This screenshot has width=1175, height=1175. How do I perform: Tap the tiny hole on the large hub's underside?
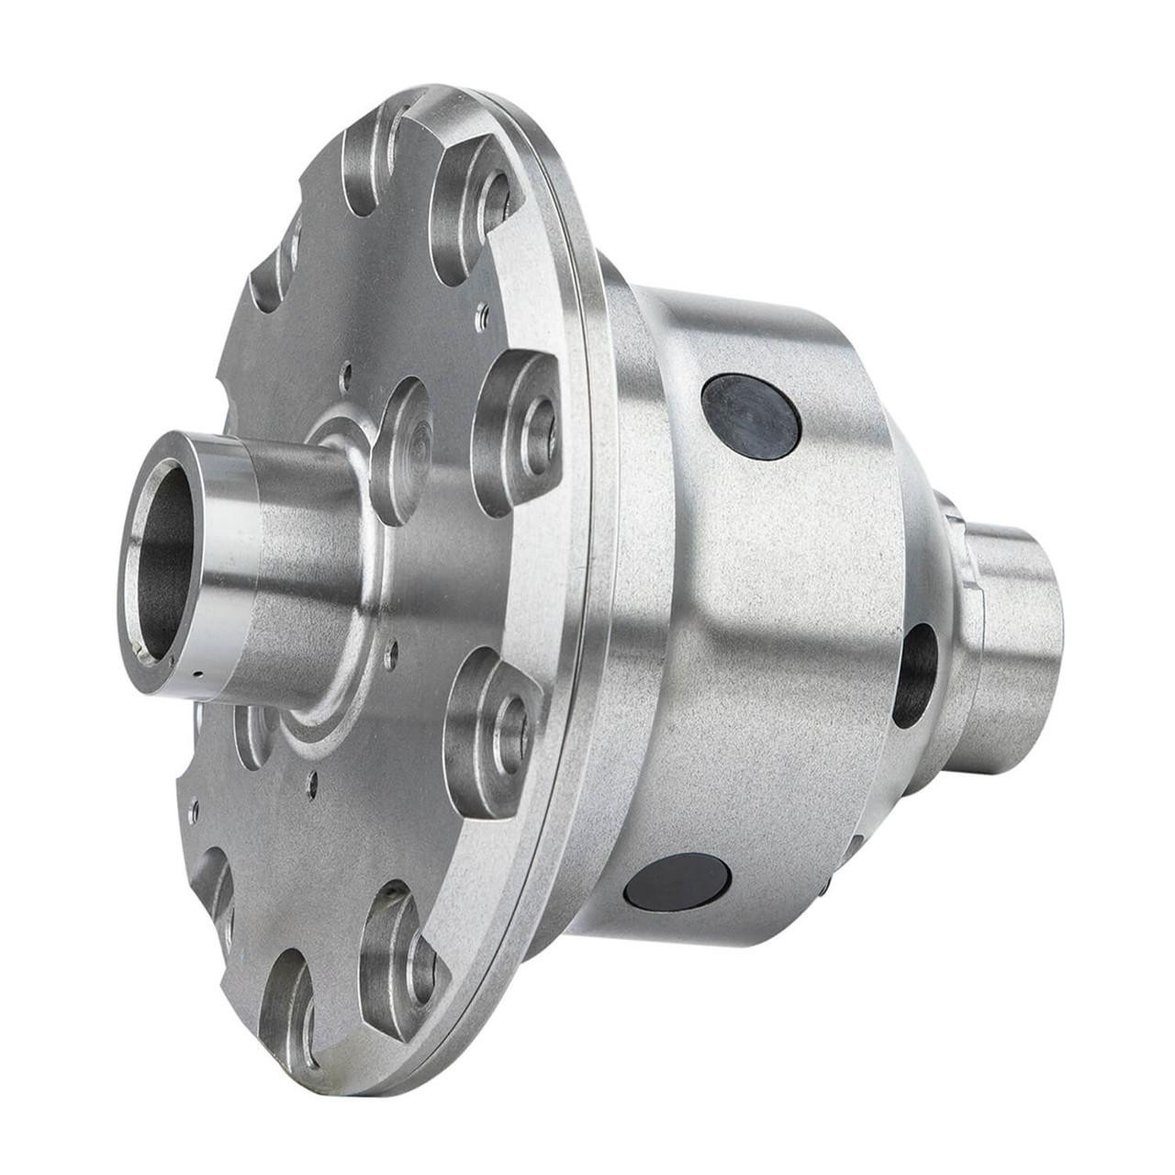click(196, 677)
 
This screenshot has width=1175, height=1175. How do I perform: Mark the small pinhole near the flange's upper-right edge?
click(479, 318)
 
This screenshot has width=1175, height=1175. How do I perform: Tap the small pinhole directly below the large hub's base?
click(313, 782)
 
